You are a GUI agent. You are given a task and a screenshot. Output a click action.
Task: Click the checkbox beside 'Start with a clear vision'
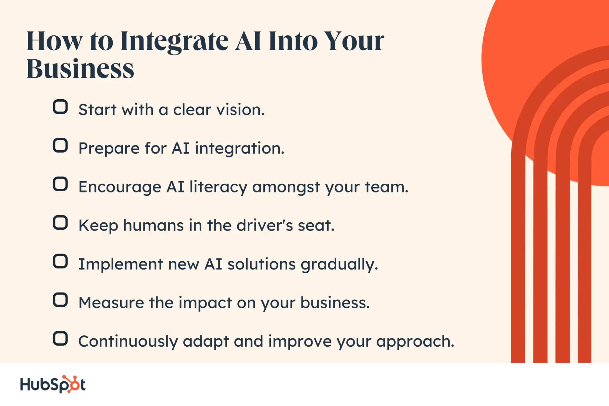[60, 107]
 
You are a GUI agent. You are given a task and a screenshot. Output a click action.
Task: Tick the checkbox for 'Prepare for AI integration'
[60, 145]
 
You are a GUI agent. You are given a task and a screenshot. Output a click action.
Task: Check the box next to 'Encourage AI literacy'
[60, 184]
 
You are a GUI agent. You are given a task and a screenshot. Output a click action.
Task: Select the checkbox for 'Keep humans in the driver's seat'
[60, 223]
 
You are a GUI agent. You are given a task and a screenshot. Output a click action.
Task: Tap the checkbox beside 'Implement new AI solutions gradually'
[60, 261]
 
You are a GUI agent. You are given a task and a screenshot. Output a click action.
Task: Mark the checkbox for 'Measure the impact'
[60, 300]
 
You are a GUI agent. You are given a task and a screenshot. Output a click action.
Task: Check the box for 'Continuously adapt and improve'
[60, 338]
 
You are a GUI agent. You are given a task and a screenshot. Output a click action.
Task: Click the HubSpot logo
[53, 384]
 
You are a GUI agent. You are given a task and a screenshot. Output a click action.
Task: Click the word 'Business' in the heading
[80, 69]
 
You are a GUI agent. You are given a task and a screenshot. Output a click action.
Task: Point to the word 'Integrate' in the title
[174, 42]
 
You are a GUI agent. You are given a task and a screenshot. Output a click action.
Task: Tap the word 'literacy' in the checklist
[218, 187]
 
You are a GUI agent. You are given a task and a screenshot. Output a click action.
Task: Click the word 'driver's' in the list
[265, 225]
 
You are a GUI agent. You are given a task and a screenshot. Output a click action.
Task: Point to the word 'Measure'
[111, 303]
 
